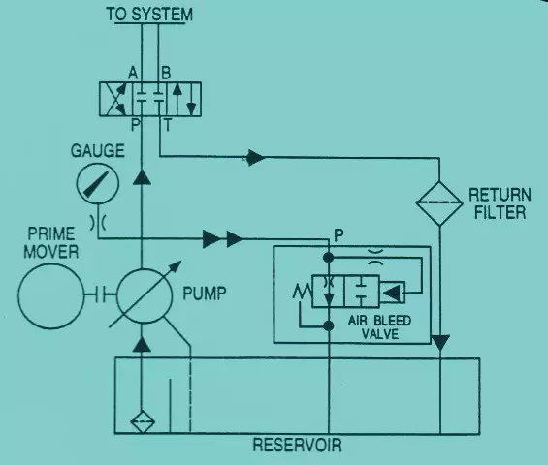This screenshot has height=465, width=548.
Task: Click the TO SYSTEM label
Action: click(149, 15)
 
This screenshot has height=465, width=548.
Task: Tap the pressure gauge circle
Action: click(98, 183)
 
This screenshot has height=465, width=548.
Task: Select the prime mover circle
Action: click(51, 296)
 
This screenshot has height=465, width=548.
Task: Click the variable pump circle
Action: click(144, 296)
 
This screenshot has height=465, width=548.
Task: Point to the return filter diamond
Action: click(439, 202)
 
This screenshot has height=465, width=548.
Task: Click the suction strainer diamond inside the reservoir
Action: click(143, 422)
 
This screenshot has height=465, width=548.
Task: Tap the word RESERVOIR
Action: click(297, 445)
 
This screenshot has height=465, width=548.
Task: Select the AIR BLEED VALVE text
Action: click(379, 327)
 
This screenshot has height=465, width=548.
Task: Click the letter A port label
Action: click(133, 74)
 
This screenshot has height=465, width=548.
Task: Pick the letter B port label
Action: click(166, 74)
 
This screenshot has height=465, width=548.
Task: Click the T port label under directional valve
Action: click(168, 125)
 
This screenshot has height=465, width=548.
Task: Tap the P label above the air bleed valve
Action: click(338, 235)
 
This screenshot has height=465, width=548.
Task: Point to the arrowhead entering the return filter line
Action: click(255, 158)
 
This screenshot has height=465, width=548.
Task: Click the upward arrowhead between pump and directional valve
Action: click(142, 177)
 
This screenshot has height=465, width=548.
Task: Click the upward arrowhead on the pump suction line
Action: click(142, 344)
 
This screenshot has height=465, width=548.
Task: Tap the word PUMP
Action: click(205, 294)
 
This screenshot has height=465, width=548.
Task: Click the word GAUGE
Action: click(98, 151)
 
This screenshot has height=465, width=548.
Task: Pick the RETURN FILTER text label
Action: click(500, 203)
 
